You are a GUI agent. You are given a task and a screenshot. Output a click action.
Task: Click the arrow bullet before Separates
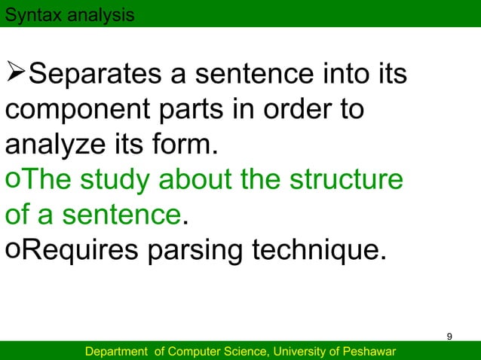click(x=16, y=76)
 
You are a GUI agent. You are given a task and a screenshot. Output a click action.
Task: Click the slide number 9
click(x=449, y=335)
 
